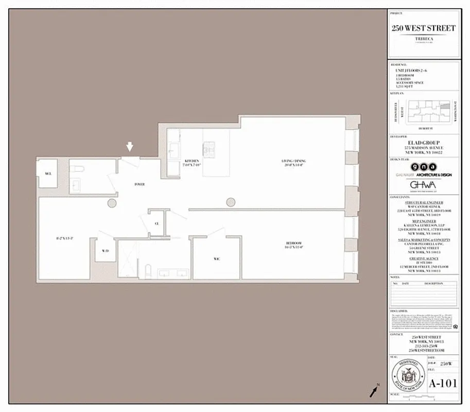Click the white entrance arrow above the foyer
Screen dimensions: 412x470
click(x=130, y=147)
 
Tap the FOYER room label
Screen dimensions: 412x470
click(x=140, y=184)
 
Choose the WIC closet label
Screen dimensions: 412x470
click(x=216, y=259)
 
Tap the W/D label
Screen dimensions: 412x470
click(x=105, y=251)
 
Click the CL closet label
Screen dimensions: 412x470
click(x=157, y=224)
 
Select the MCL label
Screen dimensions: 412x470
click(x=48, y=174)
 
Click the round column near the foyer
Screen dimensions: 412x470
click(x=112, y=203)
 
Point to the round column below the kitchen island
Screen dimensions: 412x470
click(x=230, y=202)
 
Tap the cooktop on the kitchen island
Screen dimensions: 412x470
click(x=210, y=149)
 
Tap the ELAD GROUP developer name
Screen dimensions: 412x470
click(x=423, y=143)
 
